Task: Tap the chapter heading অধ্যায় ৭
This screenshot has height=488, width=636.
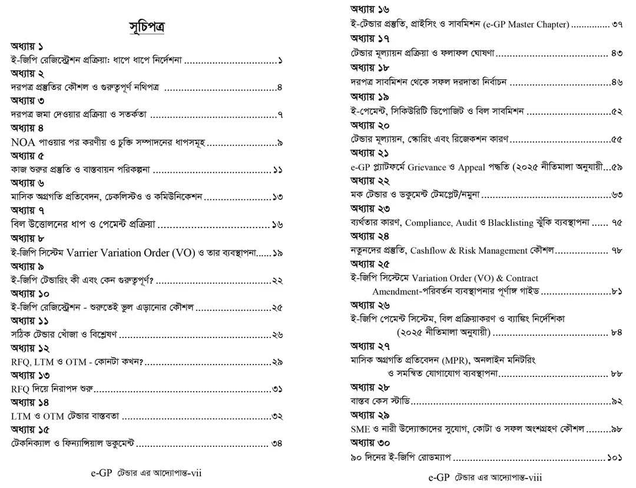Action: click(x=28, y=210)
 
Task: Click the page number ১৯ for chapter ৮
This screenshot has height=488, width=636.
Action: click(x=277, y=253)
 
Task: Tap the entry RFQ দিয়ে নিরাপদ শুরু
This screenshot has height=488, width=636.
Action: click(x=53, y=389)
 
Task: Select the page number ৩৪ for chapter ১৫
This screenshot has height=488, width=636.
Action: click(x=277, y=443)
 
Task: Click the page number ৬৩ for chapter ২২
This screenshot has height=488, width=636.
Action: click(x=617, y=195)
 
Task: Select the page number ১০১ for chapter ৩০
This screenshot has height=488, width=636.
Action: click(x=614, y=456)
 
